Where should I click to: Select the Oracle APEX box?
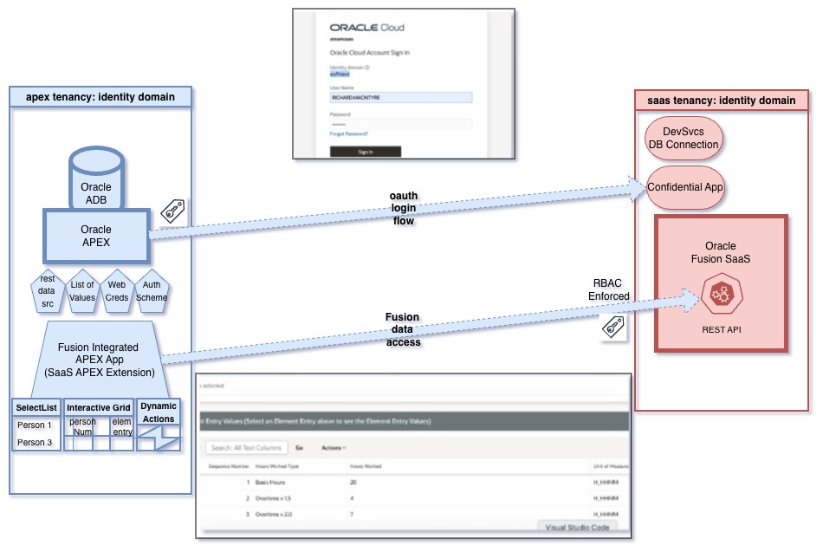click(x=96, y=235)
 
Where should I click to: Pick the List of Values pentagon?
click(x=82, y=291)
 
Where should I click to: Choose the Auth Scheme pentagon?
click(x=152, y=291)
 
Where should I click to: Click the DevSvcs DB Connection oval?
click(x=684, y=138)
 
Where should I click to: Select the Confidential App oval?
click(x=685, y=186)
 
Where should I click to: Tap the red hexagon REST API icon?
click(x=720, y=295)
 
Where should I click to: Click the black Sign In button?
click(x=365, y=152)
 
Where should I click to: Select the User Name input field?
click(x=400, y=98)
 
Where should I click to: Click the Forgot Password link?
click(x=348, y=133)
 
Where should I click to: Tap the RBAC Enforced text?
click(x=609, y=289)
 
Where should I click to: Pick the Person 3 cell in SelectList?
click(x=36, y=443)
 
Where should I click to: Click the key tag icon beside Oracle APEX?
click(x=173, y=211)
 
